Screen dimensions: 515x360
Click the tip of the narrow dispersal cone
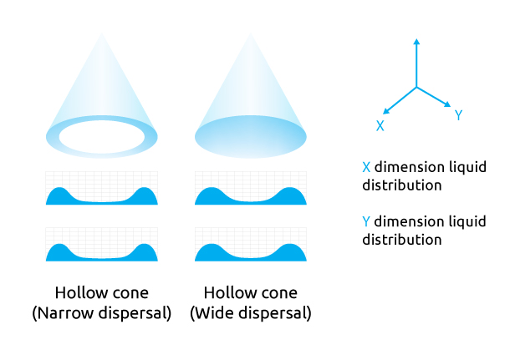102,33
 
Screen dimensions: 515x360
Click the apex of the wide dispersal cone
251,33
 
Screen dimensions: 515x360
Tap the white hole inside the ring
102,137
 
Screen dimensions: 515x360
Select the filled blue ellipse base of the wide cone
251,137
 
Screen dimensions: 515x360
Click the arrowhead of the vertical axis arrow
416,42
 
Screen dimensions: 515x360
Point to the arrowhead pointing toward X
386,111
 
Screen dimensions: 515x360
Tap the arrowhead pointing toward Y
447,104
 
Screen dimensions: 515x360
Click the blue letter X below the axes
380,125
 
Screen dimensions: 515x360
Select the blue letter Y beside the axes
458,115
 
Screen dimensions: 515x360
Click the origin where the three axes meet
416,88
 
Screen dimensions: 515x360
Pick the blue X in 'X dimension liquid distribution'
366,167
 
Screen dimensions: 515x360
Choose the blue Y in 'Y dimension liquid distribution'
366,221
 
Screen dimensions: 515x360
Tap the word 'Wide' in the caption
215,312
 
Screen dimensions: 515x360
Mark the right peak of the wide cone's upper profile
289,189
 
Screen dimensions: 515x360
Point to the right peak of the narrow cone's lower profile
144,245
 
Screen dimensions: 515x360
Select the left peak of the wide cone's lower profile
212,245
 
